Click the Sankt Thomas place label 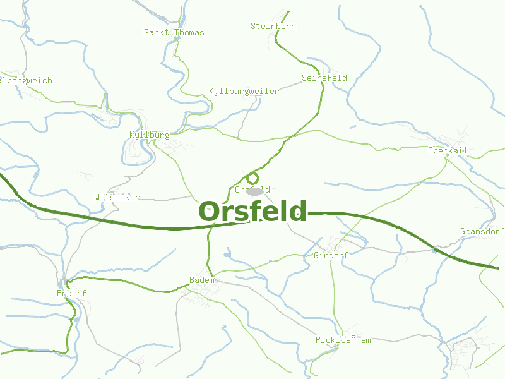(x=174, y=32)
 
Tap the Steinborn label (x=273, y=26)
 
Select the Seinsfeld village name (x=324, y=78)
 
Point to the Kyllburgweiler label (x=244, y=92)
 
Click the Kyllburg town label (x=149, y=135)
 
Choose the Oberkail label (x=448, y=150)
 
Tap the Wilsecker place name (x=117, y=197)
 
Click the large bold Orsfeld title (x=252, y=212)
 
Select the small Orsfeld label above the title (x=252, y=189)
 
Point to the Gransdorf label (x=482, y=232)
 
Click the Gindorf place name (x=331, y=255)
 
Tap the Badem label (x=202, y=280)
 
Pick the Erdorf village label (x=71, y=294)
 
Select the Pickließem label (x=343, y=340)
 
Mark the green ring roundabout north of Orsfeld (x=252, y=178)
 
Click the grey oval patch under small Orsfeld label (x=254, y=191)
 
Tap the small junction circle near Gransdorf (x=435, y=251)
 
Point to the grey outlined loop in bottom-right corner (x=465, y=351)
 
